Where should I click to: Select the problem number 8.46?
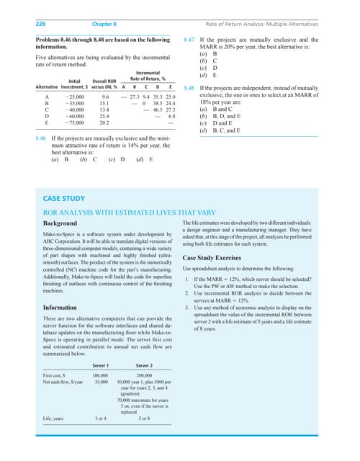[x=42, y=136]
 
